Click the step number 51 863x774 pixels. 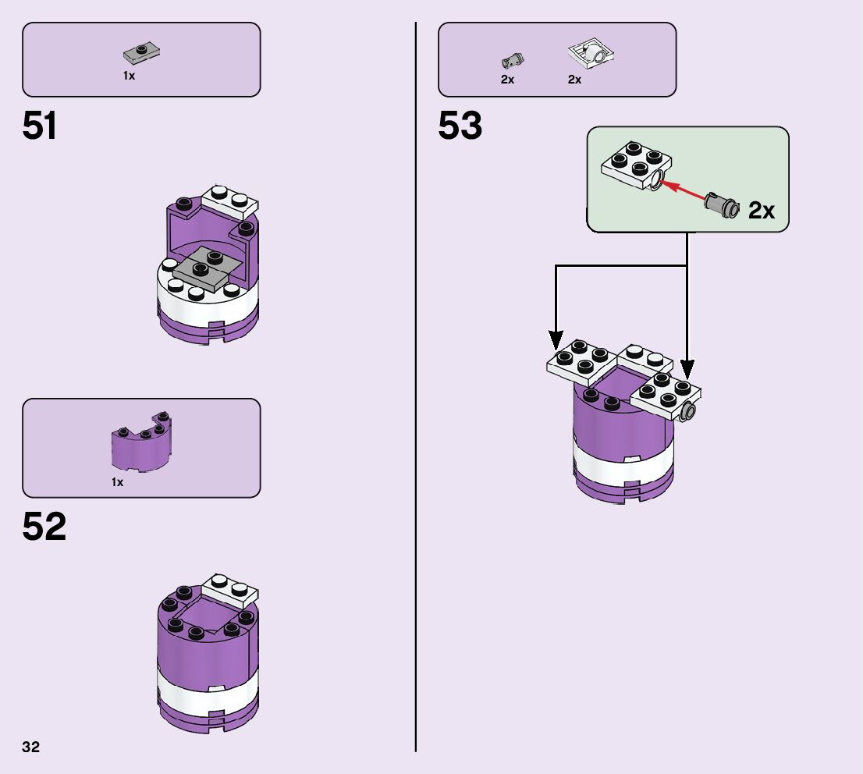coord(40,126)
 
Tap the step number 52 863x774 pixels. coord(44,527)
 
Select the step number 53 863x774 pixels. coord(460,126)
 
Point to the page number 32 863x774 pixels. coord(31,747)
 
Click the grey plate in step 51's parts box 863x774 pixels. coord(141,53)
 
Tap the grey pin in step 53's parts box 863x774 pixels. coord(512,59)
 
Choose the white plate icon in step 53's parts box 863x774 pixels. coord(591,54)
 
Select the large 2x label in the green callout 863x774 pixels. coord(762,210)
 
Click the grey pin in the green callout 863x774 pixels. coord(721,204)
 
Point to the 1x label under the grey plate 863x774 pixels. coord(129,76)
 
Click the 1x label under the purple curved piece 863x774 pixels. coord(117,482)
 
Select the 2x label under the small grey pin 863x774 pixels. coord(507,80)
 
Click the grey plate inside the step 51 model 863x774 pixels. coord(205,265)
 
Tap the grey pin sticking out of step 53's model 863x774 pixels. coord(687,412)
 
